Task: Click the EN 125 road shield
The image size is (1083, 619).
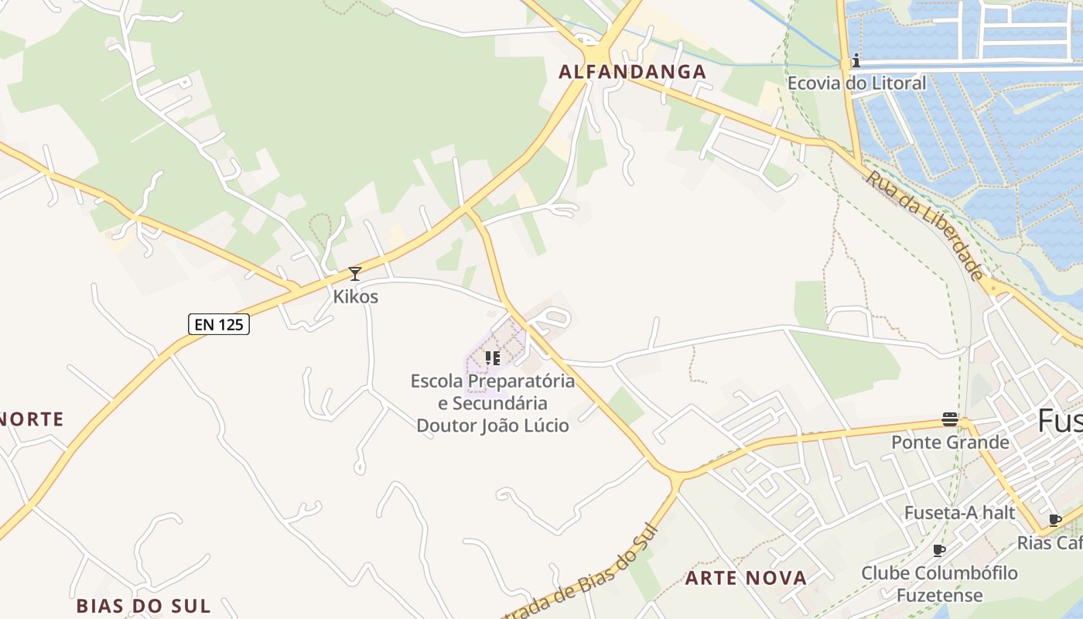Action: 219,324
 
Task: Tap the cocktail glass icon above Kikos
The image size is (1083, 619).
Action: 355,273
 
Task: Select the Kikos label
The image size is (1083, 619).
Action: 355,296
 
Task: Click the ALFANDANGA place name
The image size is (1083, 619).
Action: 633,72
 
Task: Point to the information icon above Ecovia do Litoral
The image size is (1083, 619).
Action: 856,60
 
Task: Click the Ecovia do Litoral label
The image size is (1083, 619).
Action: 856,83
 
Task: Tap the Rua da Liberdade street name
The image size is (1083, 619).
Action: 925,225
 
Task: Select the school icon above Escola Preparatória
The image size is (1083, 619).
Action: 493,357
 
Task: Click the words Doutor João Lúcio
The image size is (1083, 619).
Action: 493,425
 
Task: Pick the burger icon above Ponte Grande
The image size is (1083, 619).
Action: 950,419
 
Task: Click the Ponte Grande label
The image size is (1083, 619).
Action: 950,442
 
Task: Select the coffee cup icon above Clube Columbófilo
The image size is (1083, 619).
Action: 939,550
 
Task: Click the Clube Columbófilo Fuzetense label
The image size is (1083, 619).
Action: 939,584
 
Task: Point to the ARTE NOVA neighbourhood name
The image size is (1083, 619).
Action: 746,577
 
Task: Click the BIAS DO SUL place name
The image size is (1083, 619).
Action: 143,605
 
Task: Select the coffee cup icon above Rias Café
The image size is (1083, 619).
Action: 1054,520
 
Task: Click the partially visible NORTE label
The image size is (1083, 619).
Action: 31,419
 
